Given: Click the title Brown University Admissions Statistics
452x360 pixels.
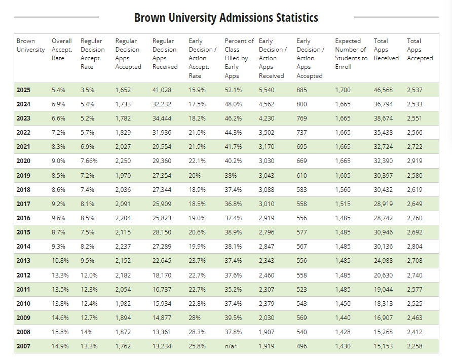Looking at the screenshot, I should click(x=226, y=18).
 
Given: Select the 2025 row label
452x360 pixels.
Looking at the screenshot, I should click(x=23, y=90).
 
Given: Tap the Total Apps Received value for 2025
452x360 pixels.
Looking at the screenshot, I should click(x=384, y=90).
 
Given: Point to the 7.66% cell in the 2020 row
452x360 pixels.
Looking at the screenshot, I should click(x=90, y=161).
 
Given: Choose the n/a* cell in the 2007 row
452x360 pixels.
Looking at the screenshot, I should click(x=232, y=347).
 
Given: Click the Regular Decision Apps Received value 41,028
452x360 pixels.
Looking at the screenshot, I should click(x=162, y=90).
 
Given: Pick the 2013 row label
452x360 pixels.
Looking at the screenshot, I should click(x=23, y=261).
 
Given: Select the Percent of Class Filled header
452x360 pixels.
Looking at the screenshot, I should click(x=239, y=54).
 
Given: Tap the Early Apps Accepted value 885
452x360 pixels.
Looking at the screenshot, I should click(x=303, y=90).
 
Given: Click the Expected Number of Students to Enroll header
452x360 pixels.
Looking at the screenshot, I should click(x=351, y=54).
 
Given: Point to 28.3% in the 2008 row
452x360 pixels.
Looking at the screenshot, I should click(x=197, y=333).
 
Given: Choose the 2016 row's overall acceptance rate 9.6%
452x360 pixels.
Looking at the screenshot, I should click(x=58, y=218).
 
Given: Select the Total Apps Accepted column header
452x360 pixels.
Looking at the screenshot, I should click(x=420, y=50).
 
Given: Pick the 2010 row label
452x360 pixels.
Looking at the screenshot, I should click(x=23, y=304).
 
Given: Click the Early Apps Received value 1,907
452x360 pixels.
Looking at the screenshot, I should click(x=268, y=333).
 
